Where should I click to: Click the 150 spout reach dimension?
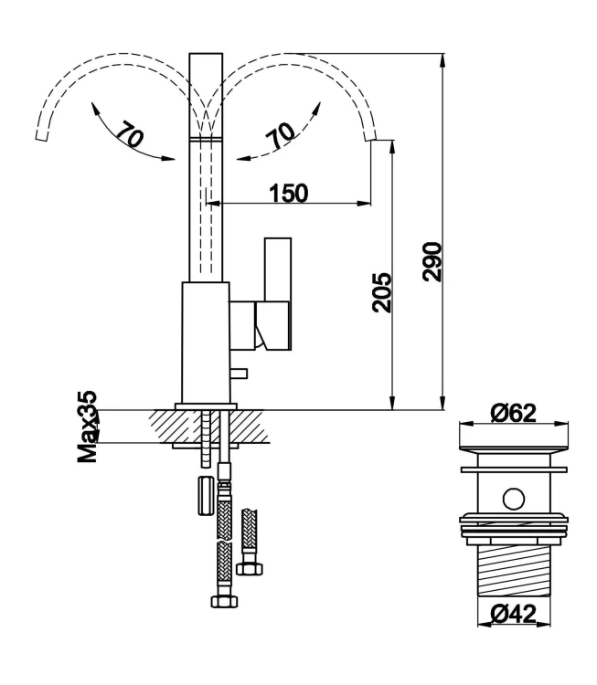[288, 192]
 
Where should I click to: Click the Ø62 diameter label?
[512, 414]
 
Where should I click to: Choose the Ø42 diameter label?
[512, 615]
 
